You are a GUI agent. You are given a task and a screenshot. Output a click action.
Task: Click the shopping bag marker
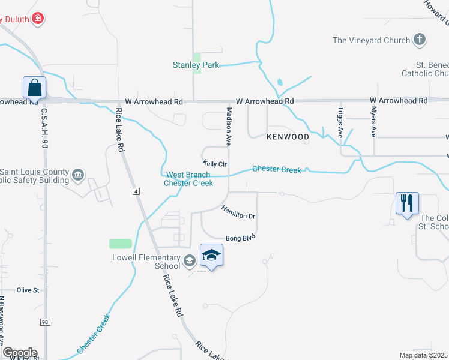(35, 88)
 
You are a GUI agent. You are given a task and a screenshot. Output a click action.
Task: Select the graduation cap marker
(212, 256)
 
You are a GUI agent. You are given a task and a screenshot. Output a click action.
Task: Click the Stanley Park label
(196, 65)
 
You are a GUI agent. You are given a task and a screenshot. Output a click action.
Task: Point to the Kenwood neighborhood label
(288, 137)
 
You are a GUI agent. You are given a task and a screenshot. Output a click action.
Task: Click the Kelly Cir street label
(215, 164)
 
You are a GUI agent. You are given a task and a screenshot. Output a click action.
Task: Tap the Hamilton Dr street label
(238, 212)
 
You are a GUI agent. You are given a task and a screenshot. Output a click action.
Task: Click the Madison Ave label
(229, 127)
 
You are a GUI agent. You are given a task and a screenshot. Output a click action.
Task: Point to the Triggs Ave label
(341, 122)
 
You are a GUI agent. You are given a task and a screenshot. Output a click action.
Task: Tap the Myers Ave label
(373, 122)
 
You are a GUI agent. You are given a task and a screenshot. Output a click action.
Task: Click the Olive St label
(28, 290)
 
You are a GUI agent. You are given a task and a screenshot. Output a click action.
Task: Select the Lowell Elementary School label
(146, 262)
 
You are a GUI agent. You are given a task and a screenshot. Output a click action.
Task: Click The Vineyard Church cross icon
(420, 40)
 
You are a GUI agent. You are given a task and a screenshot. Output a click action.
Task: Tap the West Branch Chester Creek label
(188, 179)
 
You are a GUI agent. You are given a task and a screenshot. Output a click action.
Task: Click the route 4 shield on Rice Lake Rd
(136, 191)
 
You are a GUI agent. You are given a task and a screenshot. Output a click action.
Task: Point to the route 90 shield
(45, 322)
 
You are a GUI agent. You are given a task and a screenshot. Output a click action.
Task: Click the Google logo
(20, 353)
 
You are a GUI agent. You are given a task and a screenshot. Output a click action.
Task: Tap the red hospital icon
(38, 19)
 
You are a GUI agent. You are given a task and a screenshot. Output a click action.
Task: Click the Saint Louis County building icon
(79, 175)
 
